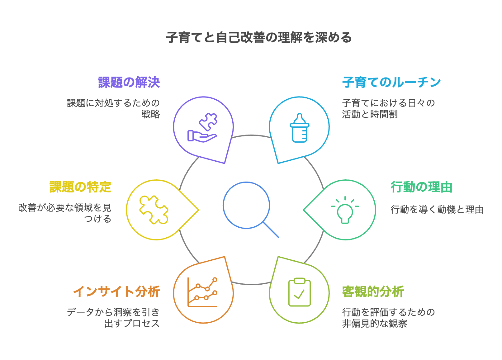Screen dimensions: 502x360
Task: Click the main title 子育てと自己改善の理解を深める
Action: pyautogui.click(x=259, y=37)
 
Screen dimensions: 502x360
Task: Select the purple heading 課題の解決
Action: pyautogui.click(x=129, y=82)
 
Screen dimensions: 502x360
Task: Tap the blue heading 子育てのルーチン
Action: pyautogui.click(x=391, y=82)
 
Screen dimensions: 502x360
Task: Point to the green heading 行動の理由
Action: pyautogui.click(x=422, y=187)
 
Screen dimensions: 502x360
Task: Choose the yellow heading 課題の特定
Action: pyautogui.click(x=80, y=187)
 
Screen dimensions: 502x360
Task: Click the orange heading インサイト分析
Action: pyautogui.click(x=116, y=291)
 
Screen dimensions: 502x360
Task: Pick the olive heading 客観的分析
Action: pyautogui.click(x=373, y=291)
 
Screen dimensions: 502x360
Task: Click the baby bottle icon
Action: pyautogui.click(x=299, y=128)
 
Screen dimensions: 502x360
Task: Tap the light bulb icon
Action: pyautogui.click(x=345, y=210)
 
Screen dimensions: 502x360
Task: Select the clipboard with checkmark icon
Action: pyautogui.click(x=299, y=292)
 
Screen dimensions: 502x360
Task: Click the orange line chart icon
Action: pyautogui.click(x=202, y=292)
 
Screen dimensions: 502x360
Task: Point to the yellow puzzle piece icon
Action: pyautogui.click(x=154, y=210)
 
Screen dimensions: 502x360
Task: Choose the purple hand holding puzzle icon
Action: pyautogui.click(x=202, y=127)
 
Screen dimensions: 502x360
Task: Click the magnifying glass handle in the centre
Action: pyautogui.click(x=271, y=230)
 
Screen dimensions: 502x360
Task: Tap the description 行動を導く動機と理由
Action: pyautogui.click(x=437, y=210)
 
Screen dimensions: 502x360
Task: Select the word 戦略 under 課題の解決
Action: pyautogui.click(x=151, y=114)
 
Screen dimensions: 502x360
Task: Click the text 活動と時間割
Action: pyautogui.click(x=370, y=114)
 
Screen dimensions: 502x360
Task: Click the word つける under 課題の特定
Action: pyautogui.click(x=98, y=219)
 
